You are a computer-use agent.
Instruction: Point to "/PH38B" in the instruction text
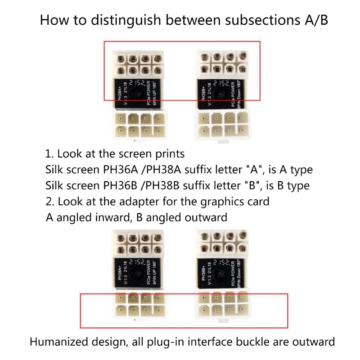[x=173, y=185]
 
